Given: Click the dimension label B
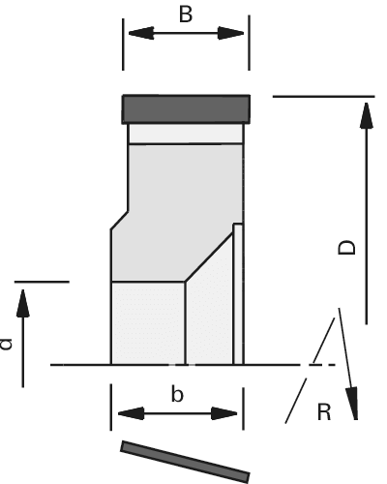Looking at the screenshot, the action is click(x=186, y=15).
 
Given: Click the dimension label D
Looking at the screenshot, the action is click(x=346, y=247).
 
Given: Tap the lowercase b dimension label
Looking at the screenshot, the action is click(x=177, y=393).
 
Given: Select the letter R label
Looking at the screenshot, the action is click(x=324, y=412).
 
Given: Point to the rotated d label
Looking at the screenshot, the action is click(x=6, y=344).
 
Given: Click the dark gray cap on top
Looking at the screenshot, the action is click(x=186, y=109).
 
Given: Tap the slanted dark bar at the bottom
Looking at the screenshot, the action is click(x=185, y=462).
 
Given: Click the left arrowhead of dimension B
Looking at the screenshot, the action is click(x=141, y=33).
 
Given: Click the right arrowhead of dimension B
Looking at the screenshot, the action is click(x=231, y=33).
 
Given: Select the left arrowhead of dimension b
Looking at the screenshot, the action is click(x=131, y=413).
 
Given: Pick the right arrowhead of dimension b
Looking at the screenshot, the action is click(x=224, y=413).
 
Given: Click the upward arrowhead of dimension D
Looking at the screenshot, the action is click(x=367, y=115).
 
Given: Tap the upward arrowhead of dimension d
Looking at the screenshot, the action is click(x=23, y=303).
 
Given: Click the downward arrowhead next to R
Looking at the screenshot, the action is click(x=352, y=404).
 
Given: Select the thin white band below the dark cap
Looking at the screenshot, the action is click(x=186, y=134).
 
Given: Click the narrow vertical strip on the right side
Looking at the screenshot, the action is click(x=238, y=294).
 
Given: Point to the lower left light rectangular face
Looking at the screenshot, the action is click(x=148, y=323).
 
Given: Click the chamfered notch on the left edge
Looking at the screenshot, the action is click(x=119, y=221).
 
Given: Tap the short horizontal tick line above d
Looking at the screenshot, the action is click(x=42, y=282).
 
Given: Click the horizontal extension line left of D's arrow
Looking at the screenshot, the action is click(x=324, y=96).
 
